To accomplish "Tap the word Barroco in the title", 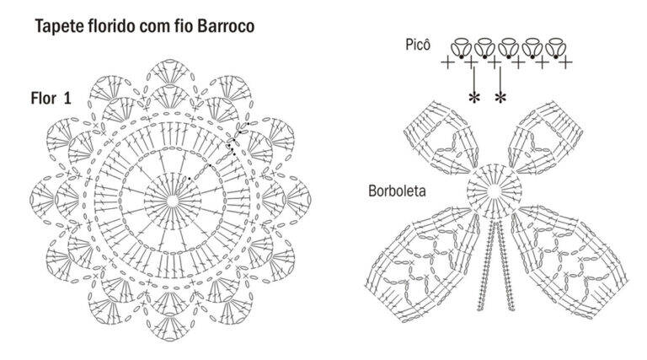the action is coord(226,25).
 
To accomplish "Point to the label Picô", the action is coord(418,44).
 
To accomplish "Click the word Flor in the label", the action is coord(44,99).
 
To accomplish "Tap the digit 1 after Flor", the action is coord(67,99).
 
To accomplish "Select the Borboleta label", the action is coord(397,191).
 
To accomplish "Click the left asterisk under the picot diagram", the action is coord(474,98).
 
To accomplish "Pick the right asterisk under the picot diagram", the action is coord(500,98).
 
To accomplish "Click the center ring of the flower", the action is coord(173,201).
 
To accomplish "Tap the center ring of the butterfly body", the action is coord(494,191).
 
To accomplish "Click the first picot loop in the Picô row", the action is coord(462,47).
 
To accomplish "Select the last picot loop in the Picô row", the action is coord(555,47).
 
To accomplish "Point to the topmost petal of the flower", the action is coord(169,71).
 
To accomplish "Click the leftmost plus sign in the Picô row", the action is coord(447,62).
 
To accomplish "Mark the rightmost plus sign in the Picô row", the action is coord(566,62).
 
